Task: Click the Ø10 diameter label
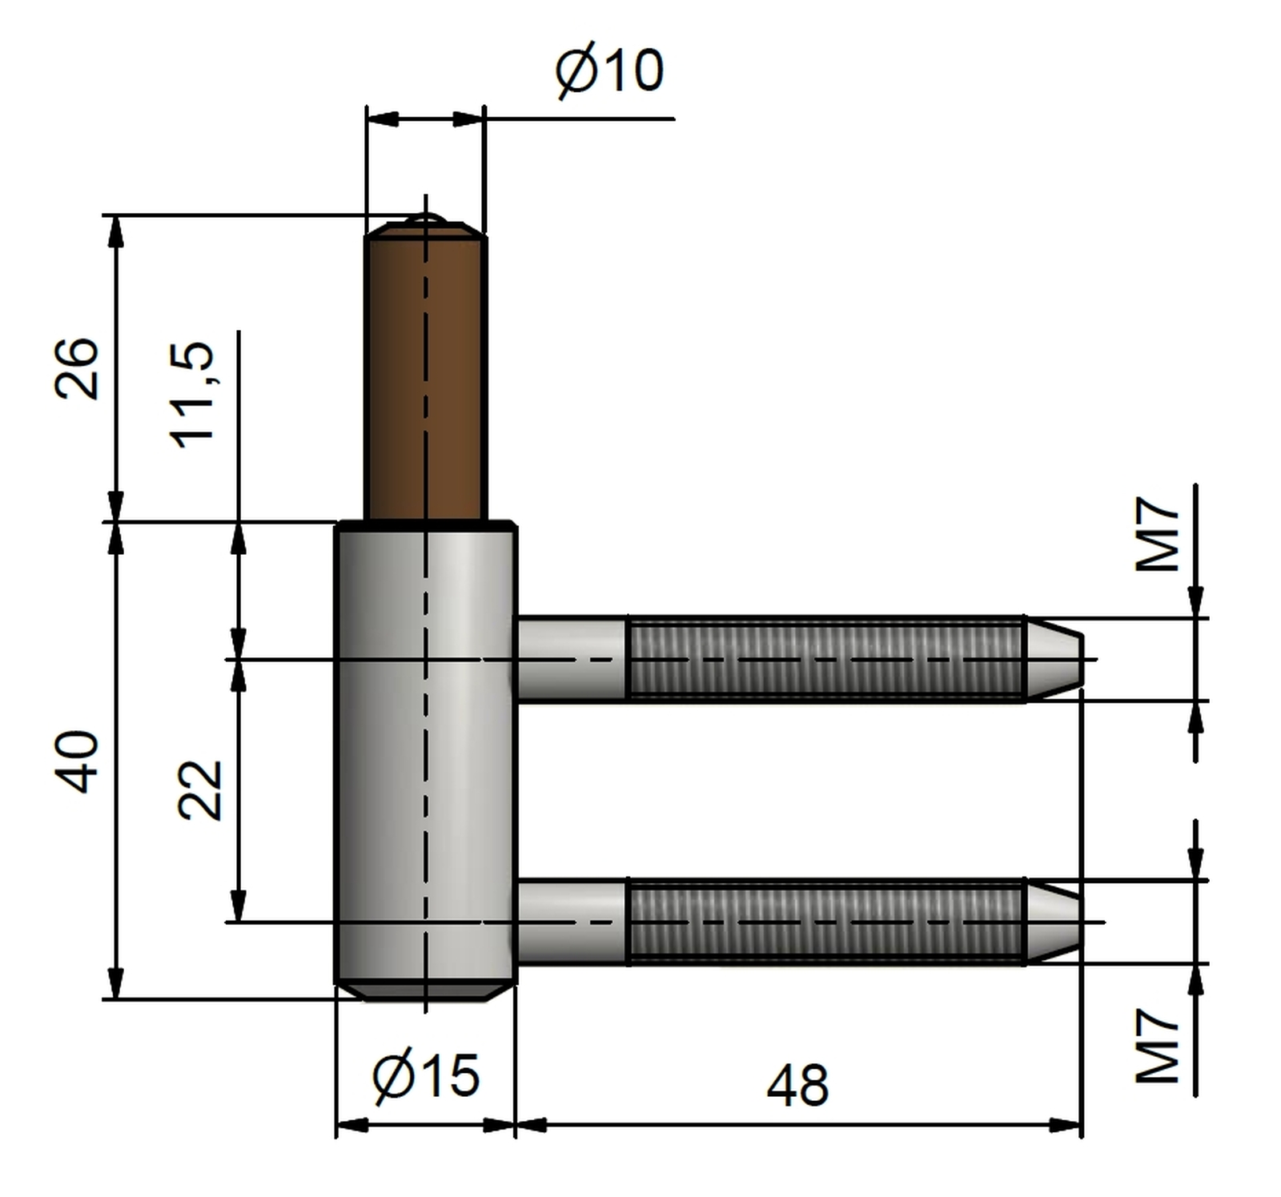(610, 70)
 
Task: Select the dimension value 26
(78, 368)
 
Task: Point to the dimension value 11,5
(192, 395)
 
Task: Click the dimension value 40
(78, 761)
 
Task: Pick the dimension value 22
(199, 789)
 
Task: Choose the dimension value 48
(797, 1086)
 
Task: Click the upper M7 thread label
(1158, 534)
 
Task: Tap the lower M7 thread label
(1158, 1046)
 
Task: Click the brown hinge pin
(426, 372)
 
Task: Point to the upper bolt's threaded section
(825, 659)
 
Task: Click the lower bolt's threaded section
(825, 922)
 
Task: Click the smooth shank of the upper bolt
(572, 659)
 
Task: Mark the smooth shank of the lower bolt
(572, 922)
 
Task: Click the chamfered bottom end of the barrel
(425, 992)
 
